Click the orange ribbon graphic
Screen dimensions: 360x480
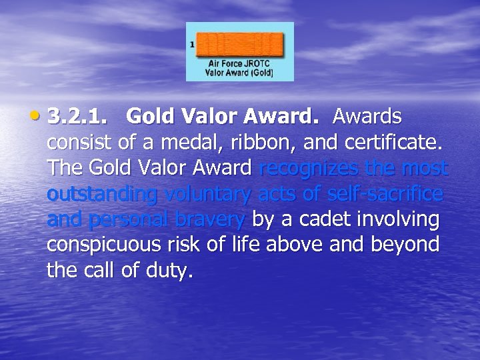click(x=239, y=45)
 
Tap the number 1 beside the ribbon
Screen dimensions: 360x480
click(x=192, y=45)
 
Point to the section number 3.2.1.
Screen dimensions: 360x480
click(x=77, y=117)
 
